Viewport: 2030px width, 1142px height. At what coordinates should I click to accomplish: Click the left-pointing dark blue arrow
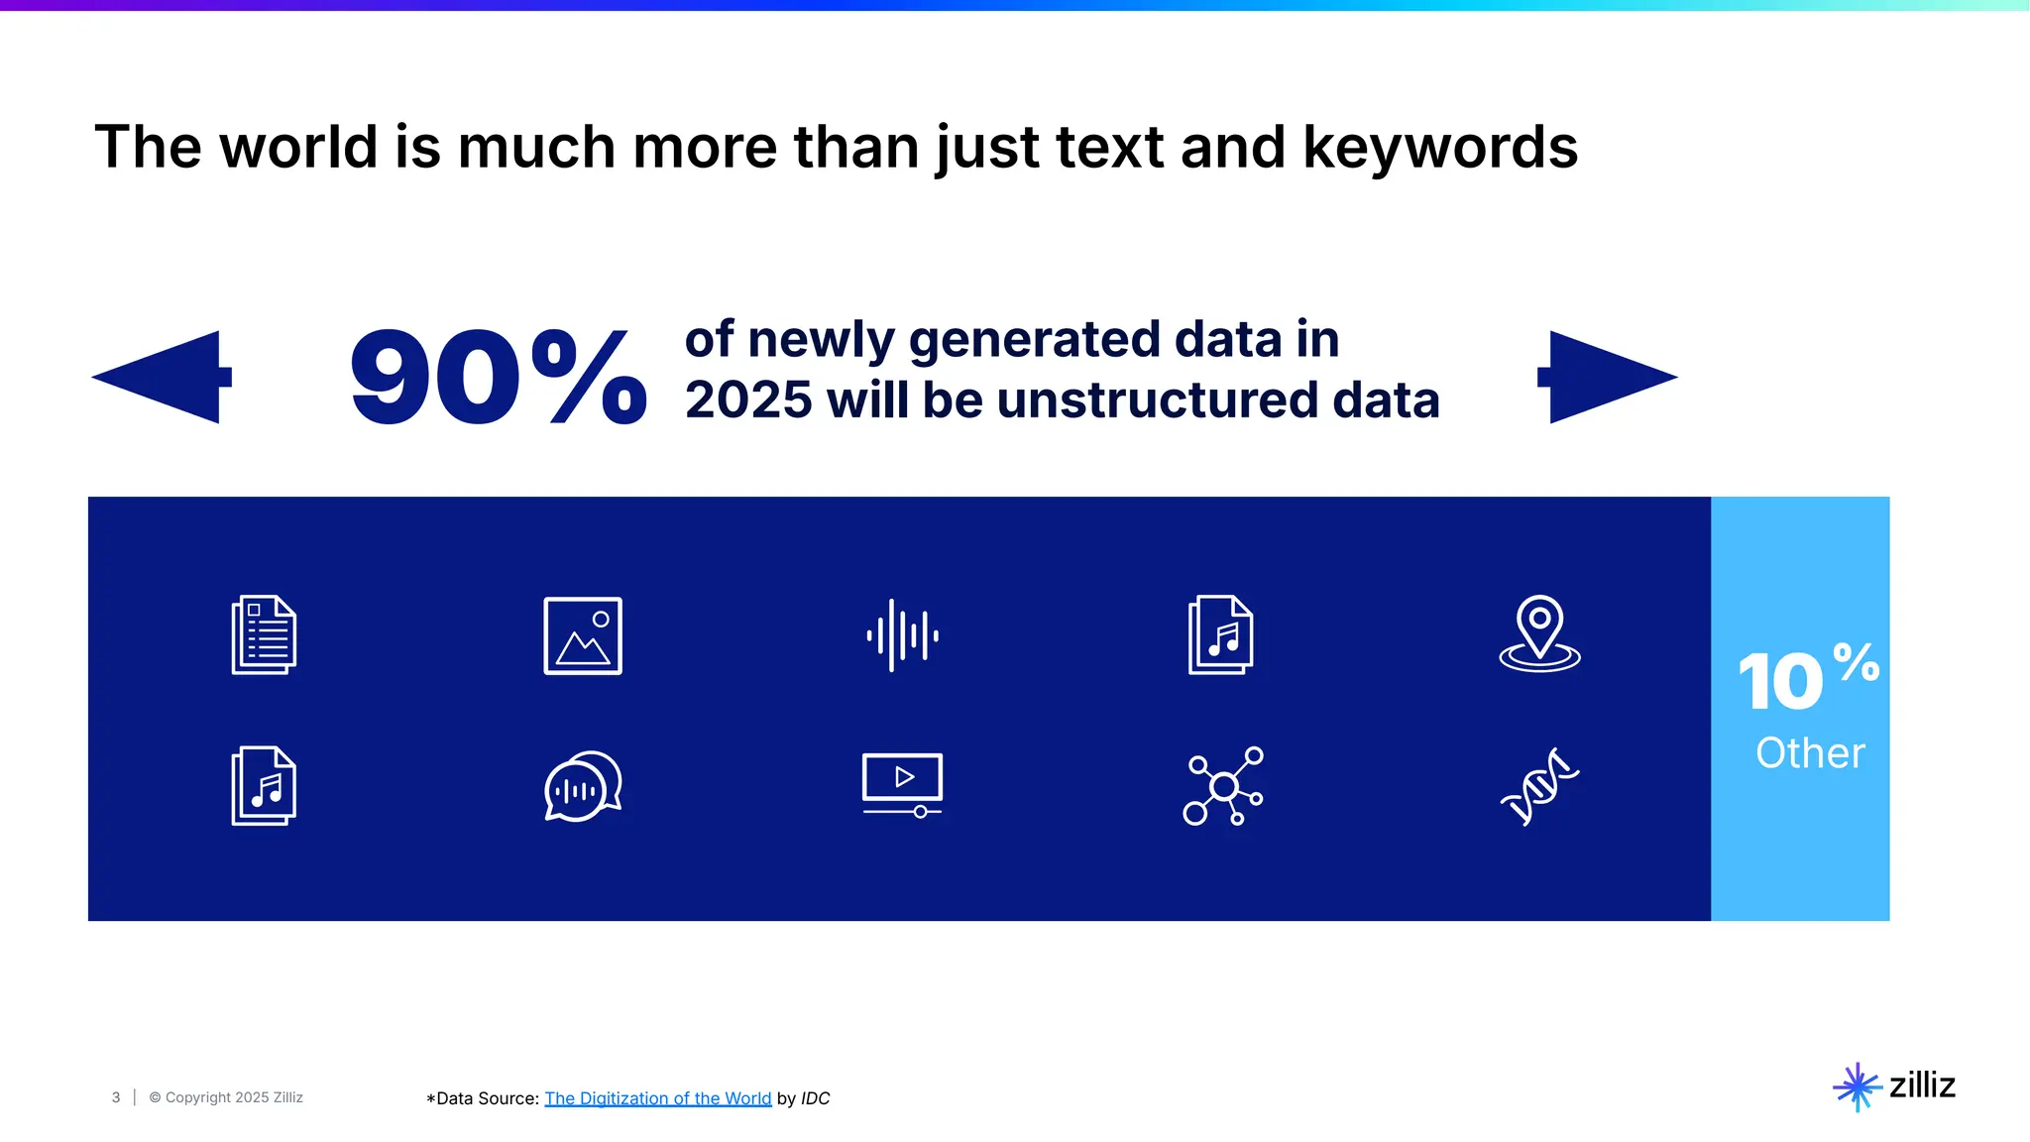click(164, 377)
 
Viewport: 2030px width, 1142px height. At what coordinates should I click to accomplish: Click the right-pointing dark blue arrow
click(1606, 377)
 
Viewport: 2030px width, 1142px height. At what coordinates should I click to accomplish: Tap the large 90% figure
click(499, 378)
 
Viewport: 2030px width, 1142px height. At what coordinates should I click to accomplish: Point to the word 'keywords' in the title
click(1439, 147)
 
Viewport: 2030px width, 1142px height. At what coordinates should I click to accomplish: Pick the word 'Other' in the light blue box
click(1810, 753)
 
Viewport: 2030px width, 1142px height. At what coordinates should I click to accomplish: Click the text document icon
click(264, 634)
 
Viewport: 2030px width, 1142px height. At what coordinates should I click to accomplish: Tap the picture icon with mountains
click(583, 635)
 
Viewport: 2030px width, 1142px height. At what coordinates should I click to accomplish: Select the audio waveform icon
click(902, 635)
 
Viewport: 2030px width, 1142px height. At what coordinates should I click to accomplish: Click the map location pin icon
click(1539, 633)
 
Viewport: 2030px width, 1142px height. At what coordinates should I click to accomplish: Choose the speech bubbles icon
click(583, 786)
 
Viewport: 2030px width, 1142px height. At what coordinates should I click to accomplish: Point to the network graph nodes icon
click(1223, 786)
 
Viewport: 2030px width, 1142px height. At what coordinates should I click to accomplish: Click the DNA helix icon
click(1539, 786)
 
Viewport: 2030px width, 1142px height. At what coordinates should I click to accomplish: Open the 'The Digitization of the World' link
click(657, 1098)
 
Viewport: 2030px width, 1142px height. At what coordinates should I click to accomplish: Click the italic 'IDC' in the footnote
click(815, 1098)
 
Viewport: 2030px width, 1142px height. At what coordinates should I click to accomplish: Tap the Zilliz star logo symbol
click(1857, 1087)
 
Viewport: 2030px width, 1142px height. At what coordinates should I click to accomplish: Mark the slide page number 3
click(116, 1097)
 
